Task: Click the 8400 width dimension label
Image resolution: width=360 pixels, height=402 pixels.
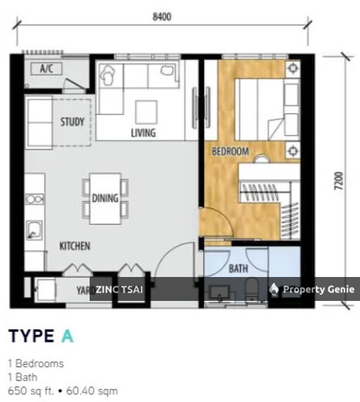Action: point(162,17)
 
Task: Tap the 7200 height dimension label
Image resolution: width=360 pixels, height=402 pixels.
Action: point(339,181)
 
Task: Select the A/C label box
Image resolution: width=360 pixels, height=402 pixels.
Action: point(46,69)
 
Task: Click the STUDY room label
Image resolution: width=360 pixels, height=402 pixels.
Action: point(73,122)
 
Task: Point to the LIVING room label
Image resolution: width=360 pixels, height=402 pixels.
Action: point(144,133)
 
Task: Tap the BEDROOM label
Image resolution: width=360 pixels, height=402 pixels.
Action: point(230,151)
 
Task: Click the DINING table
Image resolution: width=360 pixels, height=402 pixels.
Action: point(105,198)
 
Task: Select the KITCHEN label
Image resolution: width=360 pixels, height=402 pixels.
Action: point(75,246)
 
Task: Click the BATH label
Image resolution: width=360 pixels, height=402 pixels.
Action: point(239,269)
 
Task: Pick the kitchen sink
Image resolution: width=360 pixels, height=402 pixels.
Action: point(34,231)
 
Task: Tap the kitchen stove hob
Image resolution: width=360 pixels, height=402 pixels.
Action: point(34,199)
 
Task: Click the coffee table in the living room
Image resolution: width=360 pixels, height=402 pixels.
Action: point(146,113)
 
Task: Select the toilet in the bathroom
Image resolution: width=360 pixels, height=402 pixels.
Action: point(252,289)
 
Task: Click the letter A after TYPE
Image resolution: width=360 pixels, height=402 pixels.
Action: point(67,336)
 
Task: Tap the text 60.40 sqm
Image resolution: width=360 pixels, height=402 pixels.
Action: point(92,391)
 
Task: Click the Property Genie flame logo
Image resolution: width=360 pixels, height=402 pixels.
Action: point(273,289)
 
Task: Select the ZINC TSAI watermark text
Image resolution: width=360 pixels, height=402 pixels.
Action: point(119,289)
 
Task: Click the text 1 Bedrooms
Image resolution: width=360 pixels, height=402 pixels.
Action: point(36,363)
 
